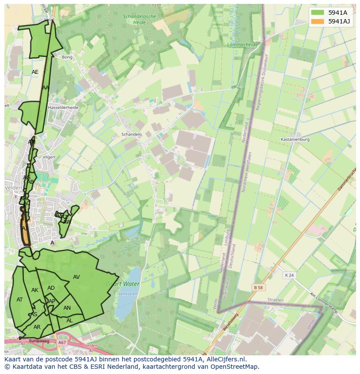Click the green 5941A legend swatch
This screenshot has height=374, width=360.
[317, 13]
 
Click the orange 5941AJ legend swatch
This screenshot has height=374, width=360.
[317, 21]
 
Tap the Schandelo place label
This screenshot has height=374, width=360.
[131, 135]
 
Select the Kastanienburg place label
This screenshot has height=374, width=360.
[295, 139]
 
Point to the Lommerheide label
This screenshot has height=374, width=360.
[243, 45]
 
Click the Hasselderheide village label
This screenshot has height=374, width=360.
[63, 107]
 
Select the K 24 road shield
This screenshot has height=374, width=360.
[289, 275]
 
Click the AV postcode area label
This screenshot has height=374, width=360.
[77, 277]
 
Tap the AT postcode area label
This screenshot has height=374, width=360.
[20, 300]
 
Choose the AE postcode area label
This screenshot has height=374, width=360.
[35, 72]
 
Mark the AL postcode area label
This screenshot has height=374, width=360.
[70, 321]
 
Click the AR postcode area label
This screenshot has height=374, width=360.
[37, 327]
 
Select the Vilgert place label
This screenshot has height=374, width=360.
[49, 157]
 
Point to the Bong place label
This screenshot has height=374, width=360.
[67, 57]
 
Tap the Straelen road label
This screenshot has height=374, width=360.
[275, 300]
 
